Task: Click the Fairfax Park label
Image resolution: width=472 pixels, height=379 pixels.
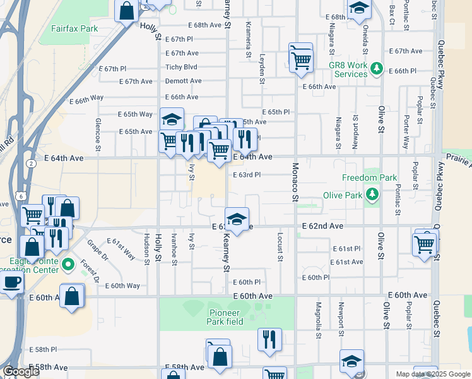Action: click(x=74, y=28)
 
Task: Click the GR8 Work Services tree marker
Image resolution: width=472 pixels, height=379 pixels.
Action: click(x=377, y=68)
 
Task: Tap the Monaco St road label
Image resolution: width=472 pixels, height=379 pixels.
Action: click(x=295, y=182)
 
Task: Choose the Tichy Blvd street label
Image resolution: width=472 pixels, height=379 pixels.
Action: click(x=182, y=67)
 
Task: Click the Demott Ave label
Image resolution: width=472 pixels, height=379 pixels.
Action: click(x=183, y=81)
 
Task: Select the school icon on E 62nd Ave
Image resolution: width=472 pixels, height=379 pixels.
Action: click(x=237, y=219)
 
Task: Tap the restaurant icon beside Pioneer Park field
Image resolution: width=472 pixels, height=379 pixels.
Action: click(x=269, y=339)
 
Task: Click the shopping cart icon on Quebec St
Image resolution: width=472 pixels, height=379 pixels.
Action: click(x=425, y=243)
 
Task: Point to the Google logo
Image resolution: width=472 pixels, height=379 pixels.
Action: click(x=21, y=372)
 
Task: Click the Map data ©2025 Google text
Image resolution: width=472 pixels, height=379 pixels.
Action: click(x=433, y=373)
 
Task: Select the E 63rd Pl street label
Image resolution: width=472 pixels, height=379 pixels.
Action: click(x=247, y=175)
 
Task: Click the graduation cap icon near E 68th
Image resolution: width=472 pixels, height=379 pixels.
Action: click(x=358, y=9)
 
